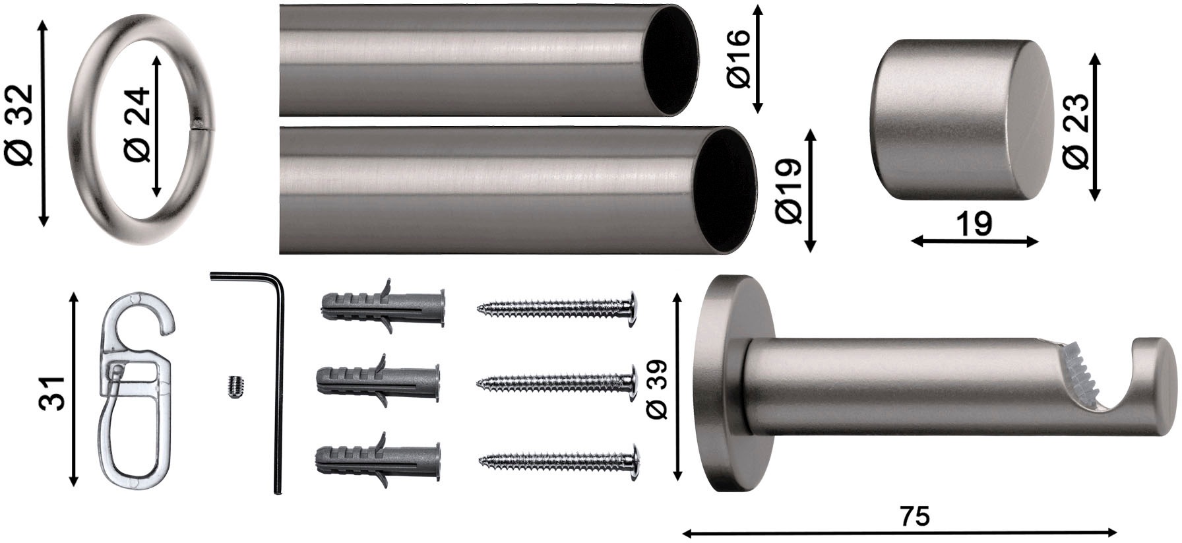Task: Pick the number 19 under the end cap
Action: pos(974,224)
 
